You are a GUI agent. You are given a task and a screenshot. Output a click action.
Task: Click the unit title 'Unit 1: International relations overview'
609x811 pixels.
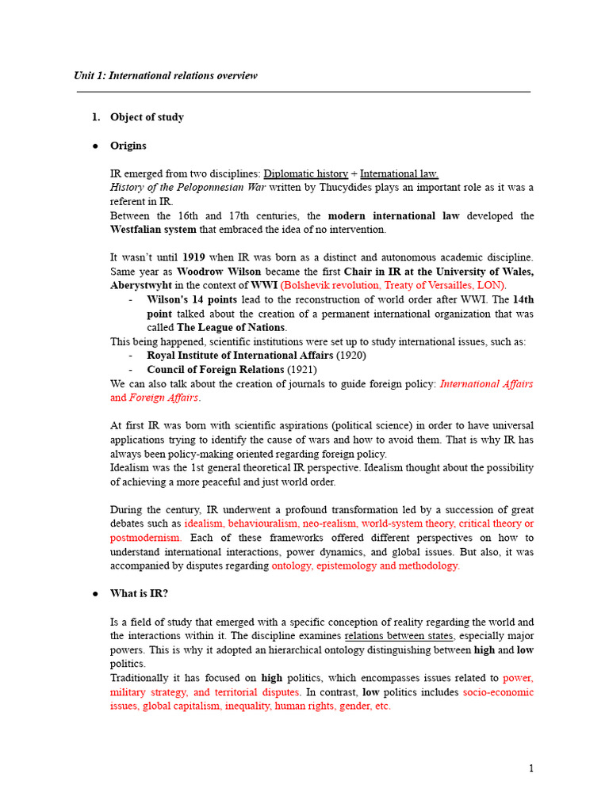click(x=165, y=76)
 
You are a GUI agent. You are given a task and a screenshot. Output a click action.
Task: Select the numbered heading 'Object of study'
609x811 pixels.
click(x=147, y=117)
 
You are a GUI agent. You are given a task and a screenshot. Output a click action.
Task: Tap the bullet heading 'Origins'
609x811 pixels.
click(x=128, y=146)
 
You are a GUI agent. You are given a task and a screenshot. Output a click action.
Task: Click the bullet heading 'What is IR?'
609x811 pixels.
click(x=139, y=593)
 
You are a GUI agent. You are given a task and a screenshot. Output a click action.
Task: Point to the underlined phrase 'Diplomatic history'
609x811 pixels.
click(x=305, y=173)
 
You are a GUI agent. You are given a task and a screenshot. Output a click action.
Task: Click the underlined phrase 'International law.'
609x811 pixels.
click(x=399, y=173)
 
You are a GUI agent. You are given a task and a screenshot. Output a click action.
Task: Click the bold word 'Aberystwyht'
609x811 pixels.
click(x=141, y=285)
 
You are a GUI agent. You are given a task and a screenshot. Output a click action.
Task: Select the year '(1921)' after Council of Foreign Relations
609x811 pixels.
click(x=302, y=370)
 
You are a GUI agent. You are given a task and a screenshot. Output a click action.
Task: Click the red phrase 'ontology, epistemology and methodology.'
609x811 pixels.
click(x=366, y=565)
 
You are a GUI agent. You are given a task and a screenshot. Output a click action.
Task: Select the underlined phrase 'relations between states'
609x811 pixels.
click(x=400, y=636)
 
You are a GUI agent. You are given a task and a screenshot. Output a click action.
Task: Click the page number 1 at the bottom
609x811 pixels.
click(x=531, y=768)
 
